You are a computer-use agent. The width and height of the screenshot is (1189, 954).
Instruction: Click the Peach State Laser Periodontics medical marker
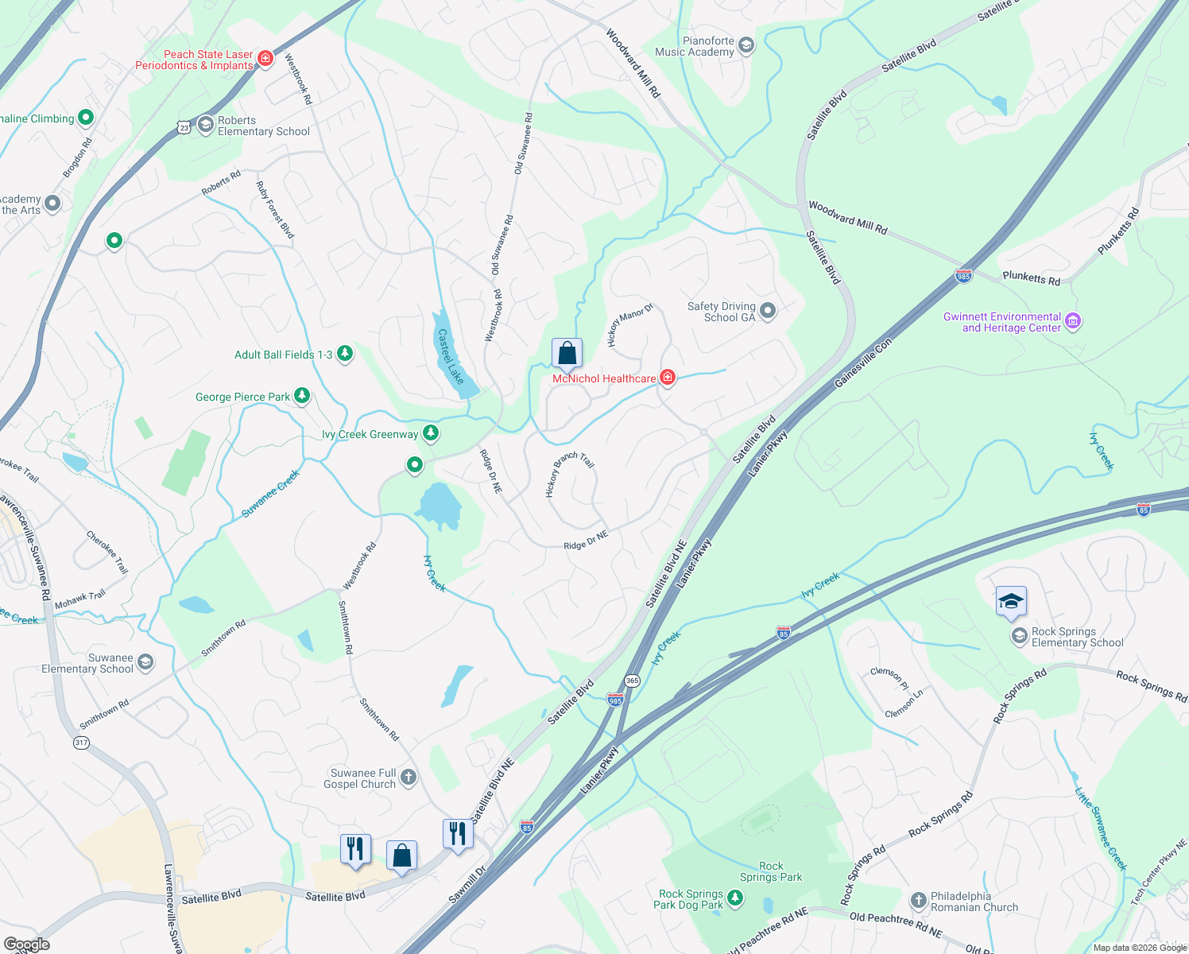point(265,59)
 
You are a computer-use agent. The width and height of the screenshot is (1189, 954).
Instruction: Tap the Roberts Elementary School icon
point(206,125)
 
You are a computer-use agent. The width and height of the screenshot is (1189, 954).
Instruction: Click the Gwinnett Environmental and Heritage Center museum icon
point(1073,321)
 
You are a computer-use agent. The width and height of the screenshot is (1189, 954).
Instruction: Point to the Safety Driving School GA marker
point(767,311)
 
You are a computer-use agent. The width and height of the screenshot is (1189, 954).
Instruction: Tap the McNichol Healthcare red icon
point(668,378)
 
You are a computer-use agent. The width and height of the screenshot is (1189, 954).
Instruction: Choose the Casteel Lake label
point(451,357)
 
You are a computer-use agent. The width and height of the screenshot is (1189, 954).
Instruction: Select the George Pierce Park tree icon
point(302,395)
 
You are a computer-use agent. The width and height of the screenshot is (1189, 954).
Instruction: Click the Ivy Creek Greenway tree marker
point(431,433)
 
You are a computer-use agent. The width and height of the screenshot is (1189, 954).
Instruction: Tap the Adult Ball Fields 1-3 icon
point(345,354)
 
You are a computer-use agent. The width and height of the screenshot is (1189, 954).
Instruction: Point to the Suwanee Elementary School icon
point(145,662)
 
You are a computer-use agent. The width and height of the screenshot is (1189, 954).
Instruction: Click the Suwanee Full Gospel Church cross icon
point(408,778)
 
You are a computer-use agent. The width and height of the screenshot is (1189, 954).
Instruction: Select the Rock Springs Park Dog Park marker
point(735,898)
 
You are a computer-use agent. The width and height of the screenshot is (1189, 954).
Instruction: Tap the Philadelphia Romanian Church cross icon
point(918,901)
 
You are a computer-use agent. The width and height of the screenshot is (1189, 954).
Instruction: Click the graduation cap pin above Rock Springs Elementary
point(1011,602)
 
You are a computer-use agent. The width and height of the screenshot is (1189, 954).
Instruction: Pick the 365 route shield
point(632,681)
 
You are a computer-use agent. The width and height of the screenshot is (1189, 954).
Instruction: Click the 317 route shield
point(81,743)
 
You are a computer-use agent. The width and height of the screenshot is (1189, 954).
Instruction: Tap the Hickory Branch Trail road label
point(570,475)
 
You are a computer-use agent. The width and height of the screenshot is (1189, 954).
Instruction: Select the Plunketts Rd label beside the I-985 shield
point(1031,277)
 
